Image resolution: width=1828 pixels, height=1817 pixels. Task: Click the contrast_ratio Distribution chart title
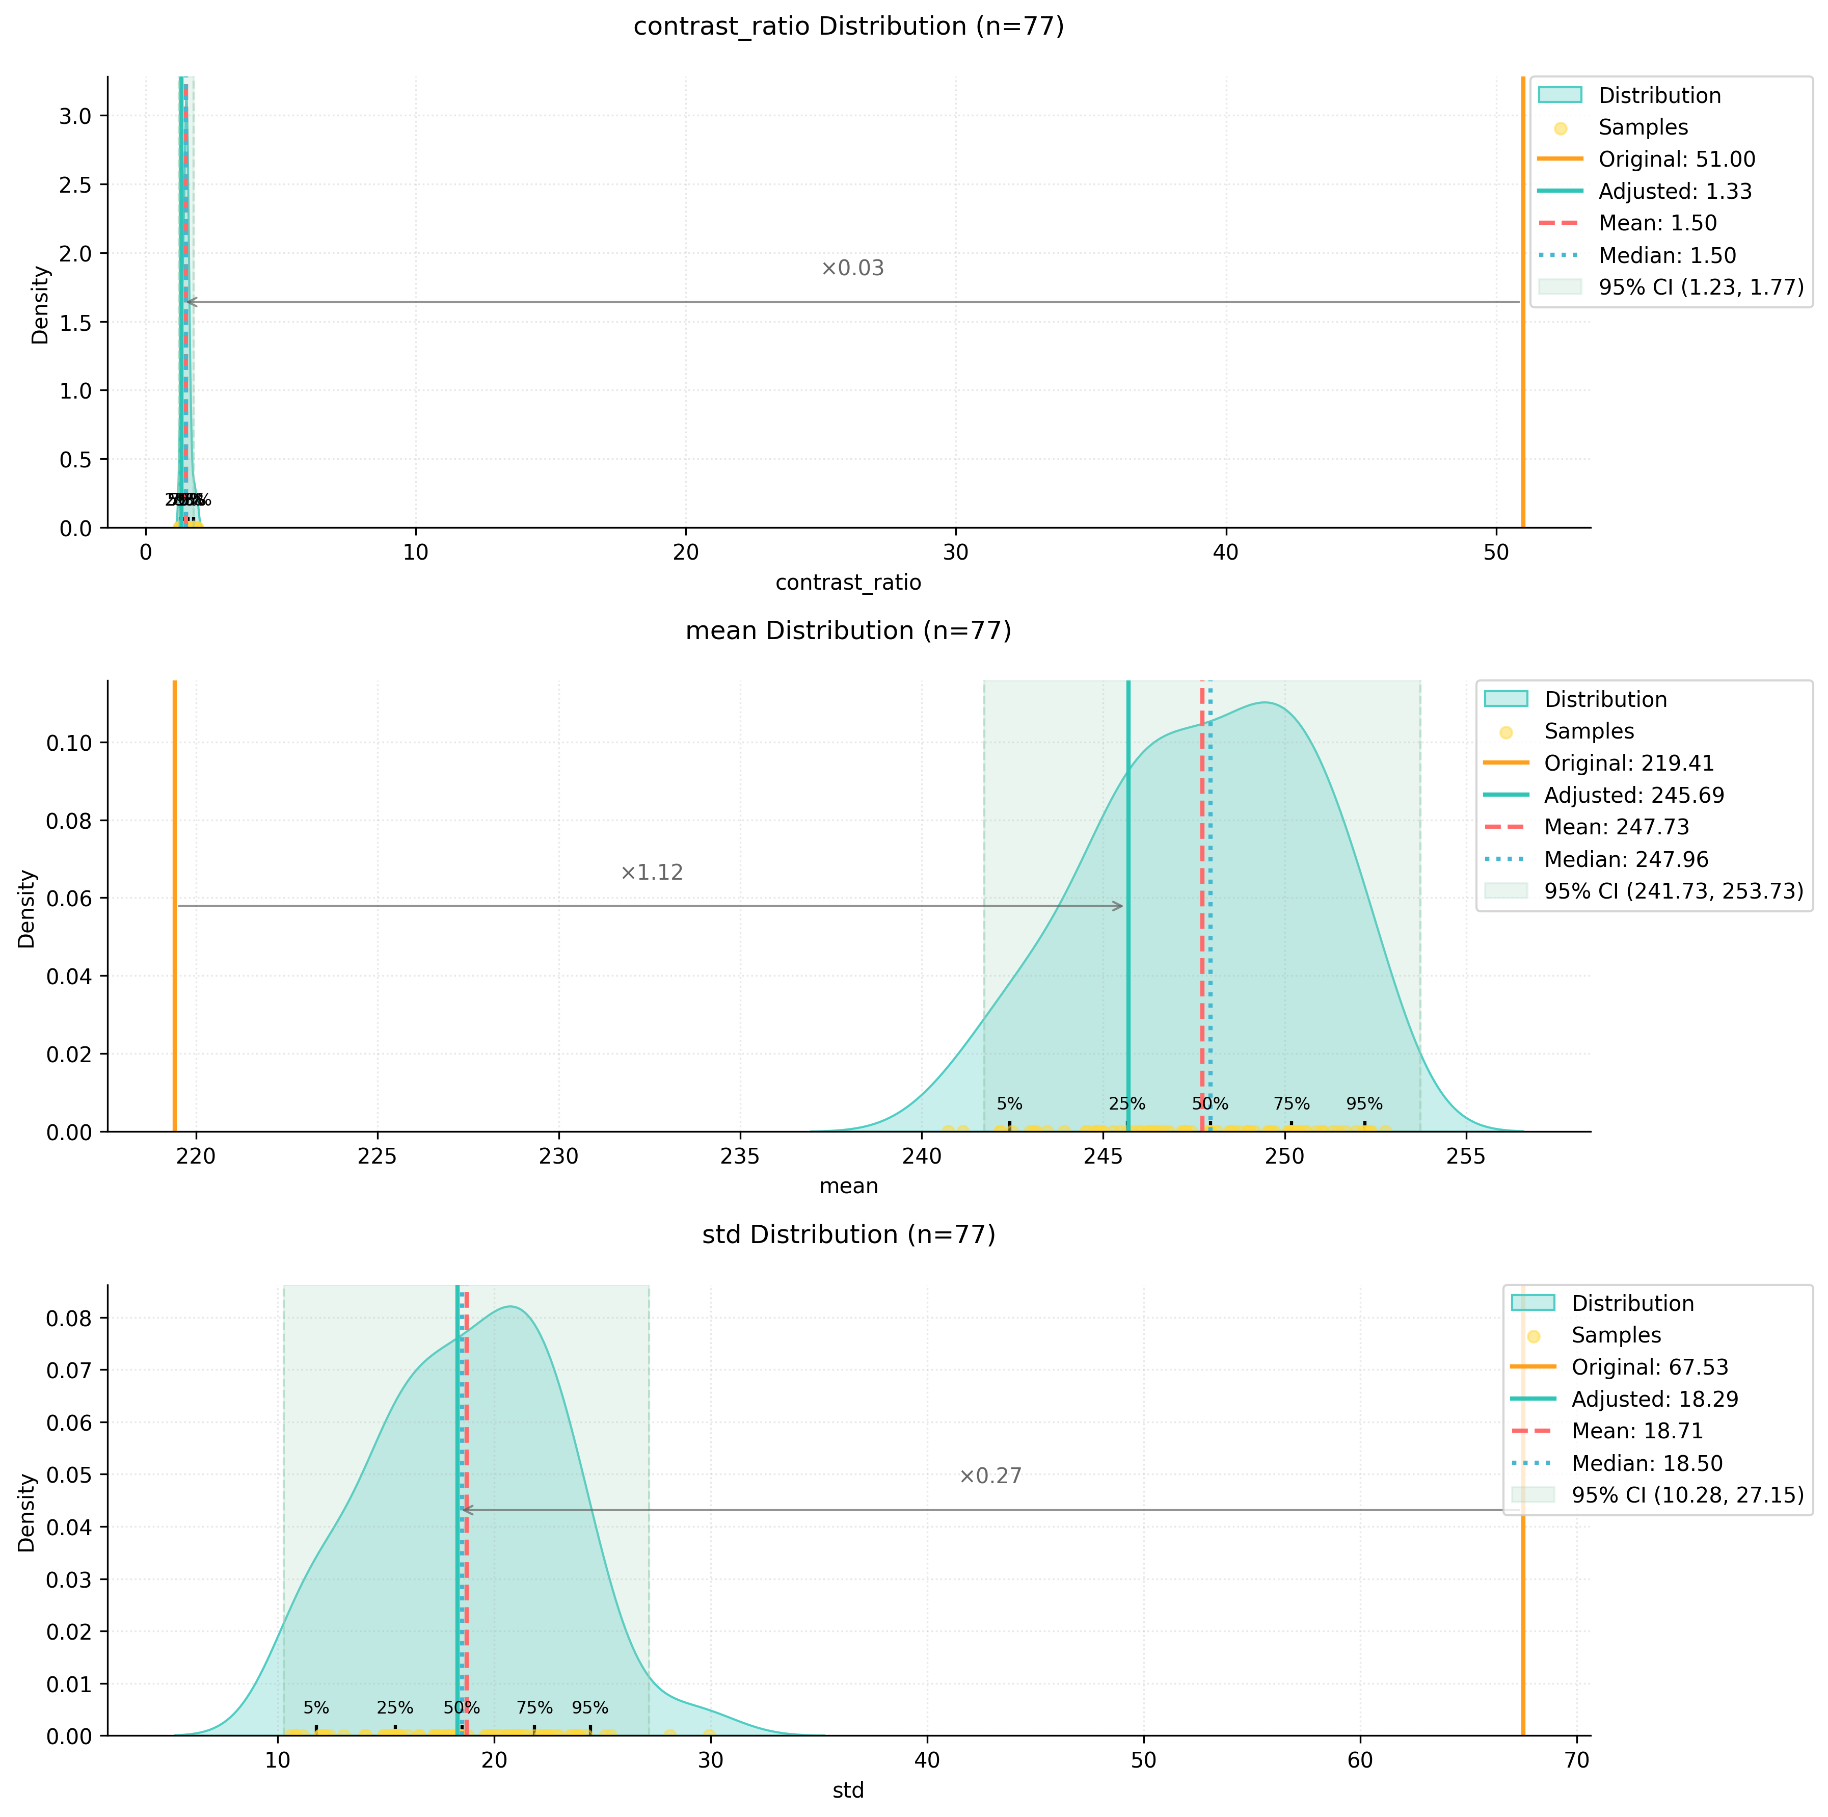(849, 27)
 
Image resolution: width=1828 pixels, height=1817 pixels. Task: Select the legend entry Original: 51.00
(1677, 159)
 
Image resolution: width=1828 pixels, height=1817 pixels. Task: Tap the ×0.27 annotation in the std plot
(990, 1477)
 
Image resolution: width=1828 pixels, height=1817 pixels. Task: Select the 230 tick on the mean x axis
(559, 1156)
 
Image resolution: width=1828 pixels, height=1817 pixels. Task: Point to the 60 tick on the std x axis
(1361, 1760)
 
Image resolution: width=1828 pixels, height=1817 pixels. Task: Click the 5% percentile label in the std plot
(316, 1707)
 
